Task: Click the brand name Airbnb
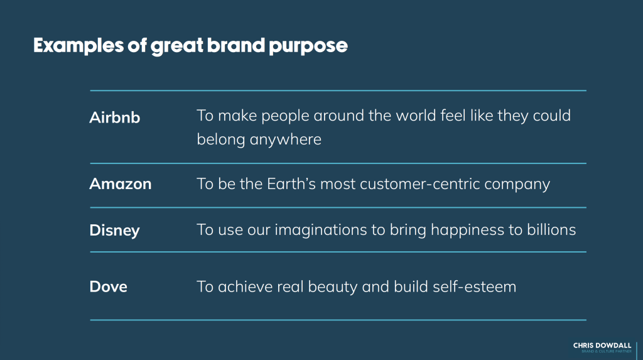pyautogui.click(x=115, y=117)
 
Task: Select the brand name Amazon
pyautogui.click(x=121, y=184)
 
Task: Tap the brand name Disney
pyautogui.click(x=114, y=231)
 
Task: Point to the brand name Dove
pyautogui.click(x=108, y=286)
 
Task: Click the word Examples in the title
pyautogui.click(x=78, y=46)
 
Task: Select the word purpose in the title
pyautogui.click(x=308, y=46)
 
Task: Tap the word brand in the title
pyautogui.click(x=236, y=45)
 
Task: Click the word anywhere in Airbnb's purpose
pyautogui.click(x=286, y=140)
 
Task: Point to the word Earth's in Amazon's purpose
pyautogui.click(x=291, y=184)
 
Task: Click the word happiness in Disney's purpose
pyautogui.click(x=467, y=231)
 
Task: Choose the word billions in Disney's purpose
pyautogui.click(x=551, y=230)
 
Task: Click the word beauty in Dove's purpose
pyautogui.click(x=333, y=287)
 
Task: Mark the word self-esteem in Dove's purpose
pyautogui.click(x=475, y=286)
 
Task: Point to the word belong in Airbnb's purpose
pyautogui.click(x=220, y=140)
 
